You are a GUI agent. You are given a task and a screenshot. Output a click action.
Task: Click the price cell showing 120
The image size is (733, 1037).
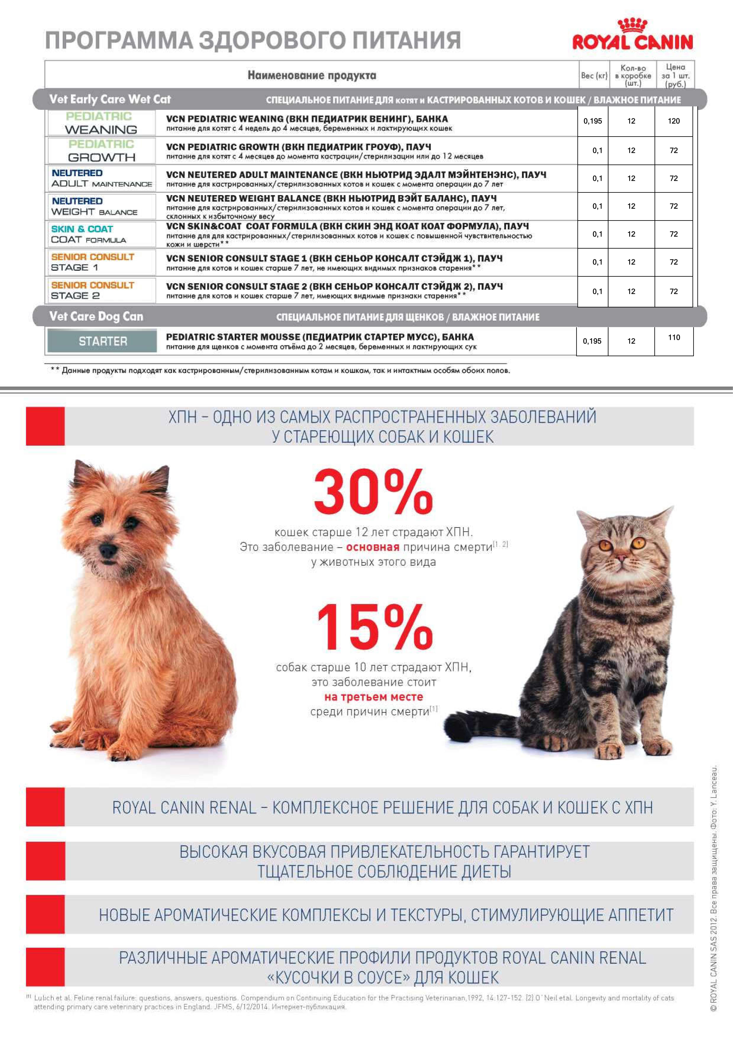(x=673, y=121)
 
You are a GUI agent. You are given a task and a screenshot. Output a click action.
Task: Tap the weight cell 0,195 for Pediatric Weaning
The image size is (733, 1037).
(x=592, y=121)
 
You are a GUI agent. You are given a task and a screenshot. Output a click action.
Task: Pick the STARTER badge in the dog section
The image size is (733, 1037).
(x=103, y=341)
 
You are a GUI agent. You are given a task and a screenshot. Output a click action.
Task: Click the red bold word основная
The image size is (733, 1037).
(x=373, y=547)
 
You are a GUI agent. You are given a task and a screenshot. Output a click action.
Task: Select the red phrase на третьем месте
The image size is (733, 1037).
(x=374, y=696)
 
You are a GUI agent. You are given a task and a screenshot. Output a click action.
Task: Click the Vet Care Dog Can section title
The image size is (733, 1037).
(x=96, y=317)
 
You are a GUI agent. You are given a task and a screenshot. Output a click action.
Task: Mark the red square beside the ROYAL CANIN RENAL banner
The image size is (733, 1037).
(x=45, y=807)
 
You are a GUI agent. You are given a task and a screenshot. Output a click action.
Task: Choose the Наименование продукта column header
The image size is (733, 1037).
(x=312, y=75)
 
